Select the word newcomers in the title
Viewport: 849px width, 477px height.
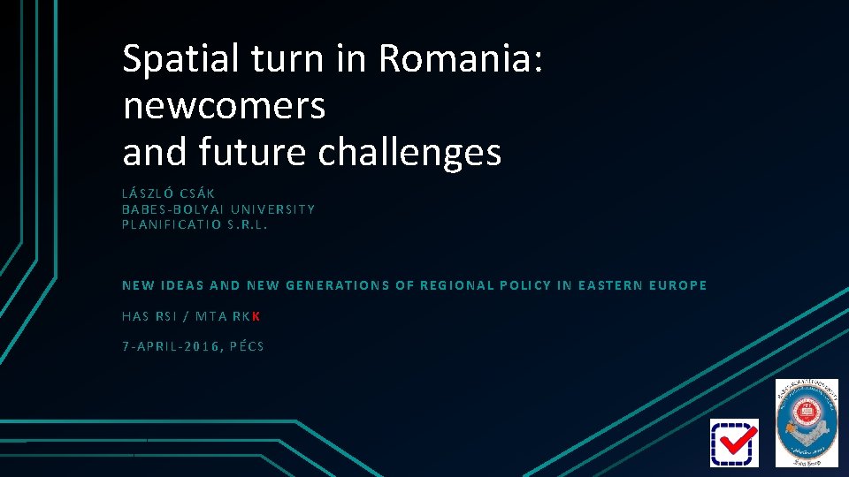[225, 106]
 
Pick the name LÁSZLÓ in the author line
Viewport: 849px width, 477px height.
[148, 193]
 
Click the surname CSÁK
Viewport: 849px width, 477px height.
[198, 193]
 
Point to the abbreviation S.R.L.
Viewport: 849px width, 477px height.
[247, 224]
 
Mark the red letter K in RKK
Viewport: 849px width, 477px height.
[256, 316]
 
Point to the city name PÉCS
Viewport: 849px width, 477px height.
[247, 346]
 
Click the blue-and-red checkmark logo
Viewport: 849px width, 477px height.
[734, 443]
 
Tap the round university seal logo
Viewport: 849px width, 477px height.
[806, 422]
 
